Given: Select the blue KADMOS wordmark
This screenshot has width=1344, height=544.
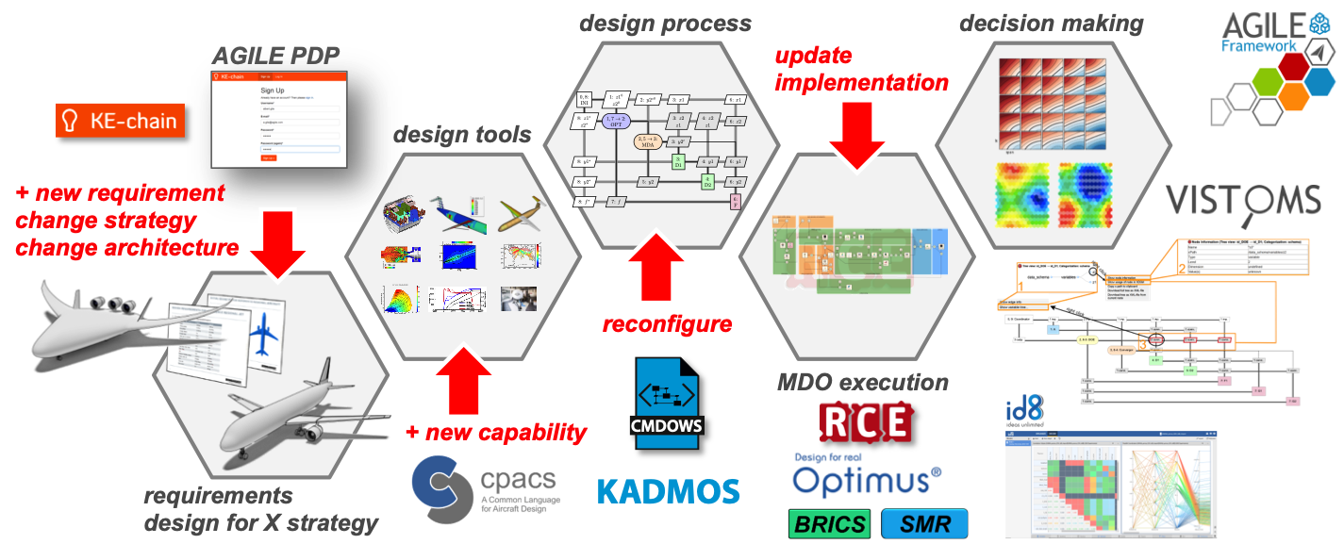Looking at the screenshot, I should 669,490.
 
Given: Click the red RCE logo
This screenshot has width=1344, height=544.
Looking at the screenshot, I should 866,421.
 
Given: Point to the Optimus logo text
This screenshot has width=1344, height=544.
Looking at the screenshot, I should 866,479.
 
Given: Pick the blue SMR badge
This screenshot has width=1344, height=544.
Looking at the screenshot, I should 924,523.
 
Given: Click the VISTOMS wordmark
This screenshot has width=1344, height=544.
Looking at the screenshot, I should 1243,201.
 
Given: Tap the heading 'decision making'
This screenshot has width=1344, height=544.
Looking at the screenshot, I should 1052,23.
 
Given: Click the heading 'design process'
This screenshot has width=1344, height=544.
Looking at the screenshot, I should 665,23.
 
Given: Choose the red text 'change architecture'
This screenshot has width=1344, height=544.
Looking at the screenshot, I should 126,249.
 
